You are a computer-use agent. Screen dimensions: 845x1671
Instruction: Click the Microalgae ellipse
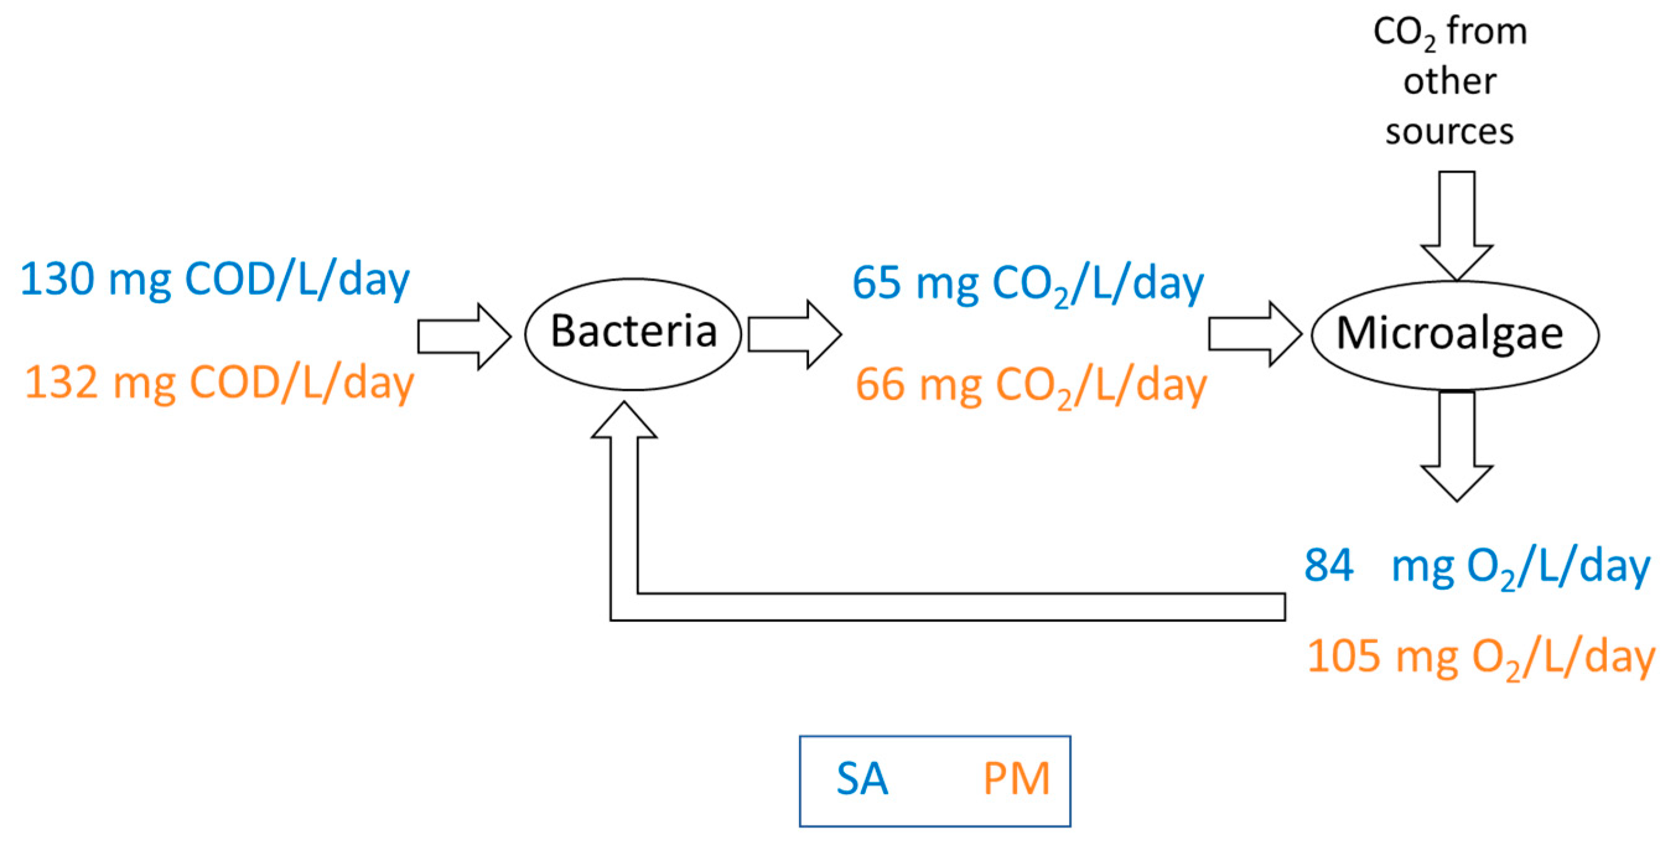coord(1454,335)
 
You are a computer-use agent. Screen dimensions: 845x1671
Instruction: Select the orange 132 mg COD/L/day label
coord(219,383)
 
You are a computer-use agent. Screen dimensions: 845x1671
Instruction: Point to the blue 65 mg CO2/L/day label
coord(1027,284)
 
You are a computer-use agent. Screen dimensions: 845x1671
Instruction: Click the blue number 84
coord(1329,565)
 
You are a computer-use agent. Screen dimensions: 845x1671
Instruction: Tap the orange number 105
coord(1343,657)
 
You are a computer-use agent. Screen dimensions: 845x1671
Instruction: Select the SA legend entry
coord(862,779)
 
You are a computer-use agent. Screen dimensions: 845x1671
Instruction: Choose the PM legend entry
coord(1016,779)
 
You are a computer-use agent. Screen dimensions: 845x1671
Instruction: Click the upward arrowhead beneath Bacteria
coord(624,422)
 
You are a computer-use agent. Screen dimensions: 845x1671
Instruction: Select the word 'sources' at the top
coord(1449,132)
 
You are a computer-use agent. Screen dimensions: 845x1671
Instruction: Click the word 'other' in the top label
coord(1450,82)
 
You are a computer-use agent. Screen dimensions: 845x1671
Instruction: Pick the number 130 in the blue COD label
coord(57,279)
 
